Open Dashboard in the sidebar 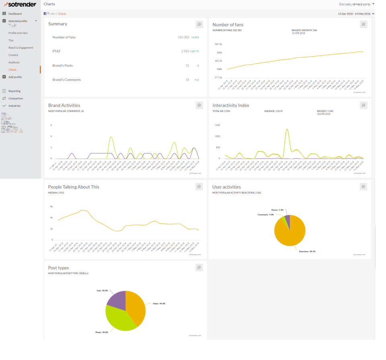click(x=15, y=14)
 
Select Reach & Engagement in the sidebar click(x=21, y=48)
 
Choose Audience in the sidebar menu click(x=14, y=62)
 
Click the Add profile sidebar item click(x=15, y=77)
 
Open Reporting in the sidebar click(x=14, y=91)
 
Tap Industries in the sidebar click(x=14, y=106)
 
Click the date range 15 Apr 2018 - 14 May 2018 click(x=354, y=14)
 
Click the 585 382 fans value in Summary click(x=183, y=37)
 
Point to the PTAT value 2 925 click(x=185, y=51)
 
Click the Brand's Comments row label click(x=66, y=80)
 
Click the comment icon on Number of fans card click(x=363, y=25)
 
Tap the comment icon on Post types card click(x=199, y=268)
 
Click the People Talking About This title click(x=74, y=187)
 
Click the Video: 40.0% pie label click(x=159, y=303)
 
